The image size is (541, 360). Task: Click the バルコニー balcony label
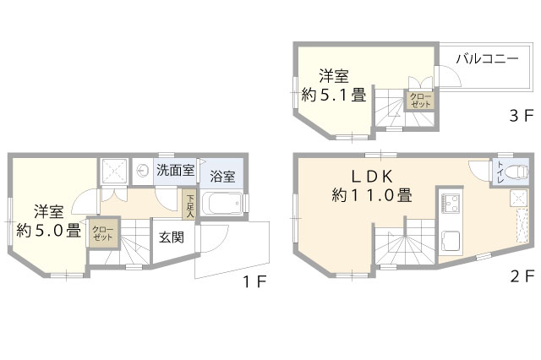487,58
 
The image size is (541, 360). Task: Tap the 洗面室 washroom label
176,170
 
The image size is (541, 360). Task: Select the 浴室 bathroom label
222,177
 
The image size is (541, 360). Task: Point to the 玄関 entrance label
172,237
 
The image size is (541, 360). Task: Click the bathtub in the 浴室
221,204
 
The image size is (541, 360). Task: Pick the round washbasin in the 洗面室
142,170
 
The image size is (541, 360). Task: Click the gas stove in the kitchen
450,203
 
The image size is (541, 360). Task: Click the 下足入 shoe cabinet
189,205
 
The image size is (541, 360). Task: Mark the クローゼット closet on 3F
419,100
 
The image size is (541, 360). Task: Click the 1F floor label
255,283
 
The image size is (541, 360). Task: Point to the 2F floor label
522,276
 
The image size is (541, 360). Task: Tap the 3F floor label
522,116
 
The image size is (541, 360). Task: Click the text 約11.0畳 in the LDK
372,196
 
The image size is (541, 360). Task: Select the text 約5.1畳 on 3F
334,95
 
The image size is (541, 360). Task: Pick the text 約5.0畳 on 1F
49,230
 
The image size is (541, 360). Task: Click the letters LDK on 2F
372,177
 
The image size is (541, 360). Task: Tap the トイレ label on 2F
500,172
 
